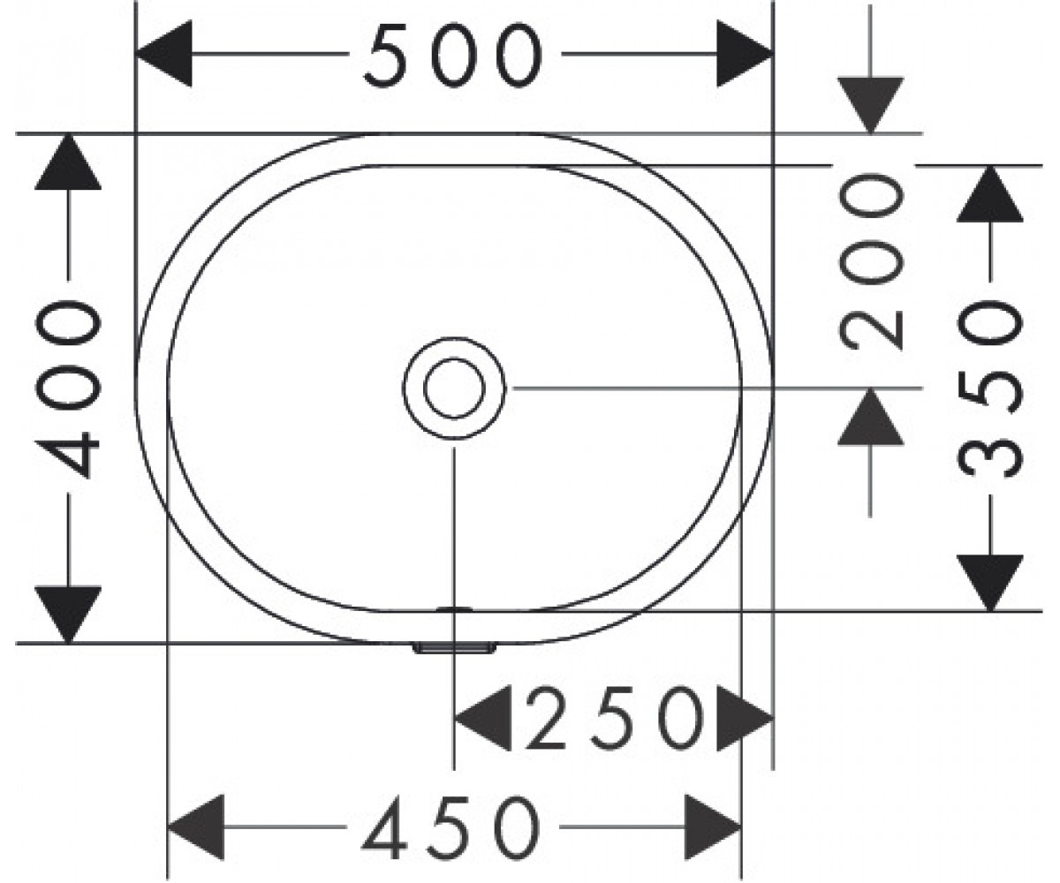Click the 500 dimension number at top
[x=453, y=54]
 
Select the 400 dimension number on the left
[x=69, y=389]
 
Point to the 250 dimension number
[x=616, y=718]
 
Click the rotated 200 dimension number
[x=871, y=261]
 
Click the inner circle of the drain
[x=454, y=389]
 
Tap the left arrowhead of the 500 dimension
[x=164, y=53]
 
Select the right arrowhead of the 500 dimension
[x=745, y=53]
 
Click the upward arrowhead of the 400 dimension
[x=68, y=162]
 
